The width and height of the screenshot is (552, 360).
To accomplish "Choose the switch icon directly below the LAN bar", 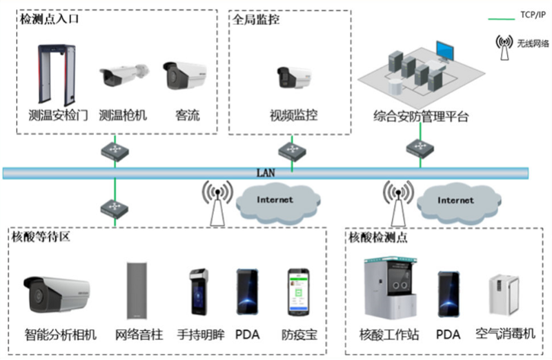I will pyautogui.click(x=111, y=206).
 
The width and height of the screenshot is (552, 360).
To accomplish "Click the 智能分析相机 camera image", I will pyautogui.click(x=57, y=293).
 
